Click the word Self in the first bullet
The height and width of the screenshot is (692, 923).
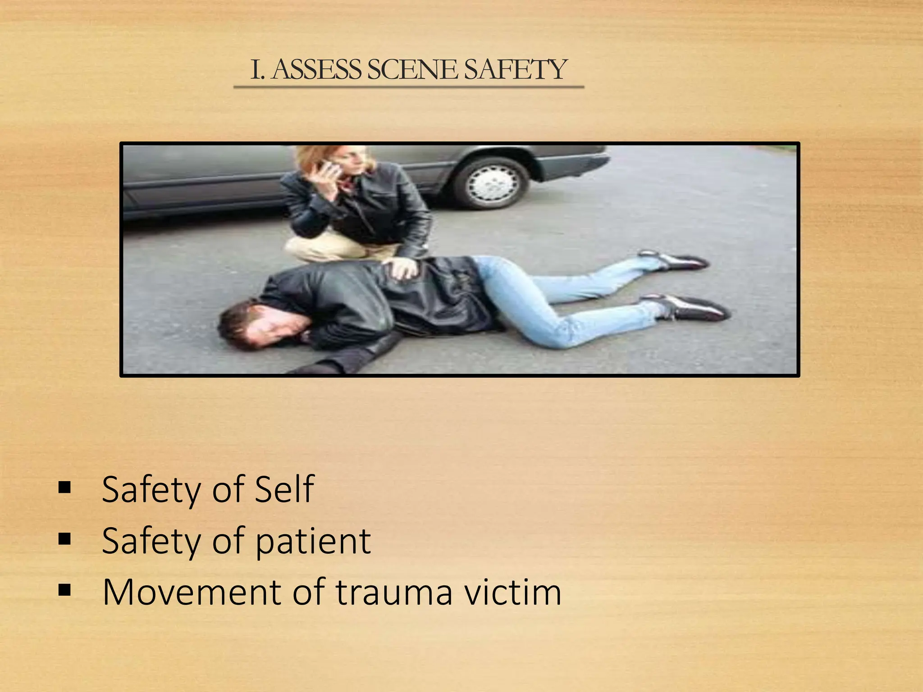point(284,489)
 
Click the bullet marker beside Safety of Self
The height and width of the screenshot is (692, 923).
point(64,487)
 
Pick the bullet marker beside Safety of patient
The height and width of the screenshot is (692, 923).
point(64,539)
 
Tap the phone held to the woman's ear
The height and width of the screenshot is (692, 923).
point(329,168)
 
